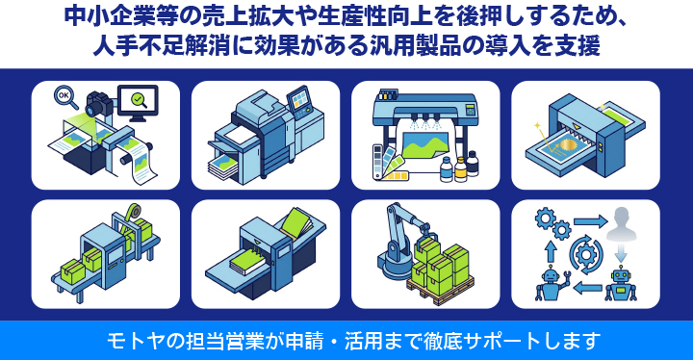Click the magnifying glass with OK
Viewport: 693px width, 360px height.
click(x=65, y=96)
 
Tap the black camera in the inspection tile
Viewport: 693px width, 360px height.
click(x=99, y=104)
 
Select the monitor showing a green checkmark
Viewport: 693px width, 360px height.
click(x=138, y=103)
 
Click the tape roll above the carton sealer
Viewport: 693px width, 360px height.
click(x=132, y=212)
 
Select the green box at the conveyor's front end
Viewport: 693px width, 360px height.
click(x=73, y=270)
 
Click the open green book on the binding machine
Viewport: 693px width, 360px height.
click(x=297, y=223)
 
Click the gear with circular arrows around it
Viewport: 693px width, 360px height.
click(x=586, y=254)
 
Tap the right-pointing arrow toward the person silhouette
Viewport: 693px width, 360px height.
click(x=590, y=221)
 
